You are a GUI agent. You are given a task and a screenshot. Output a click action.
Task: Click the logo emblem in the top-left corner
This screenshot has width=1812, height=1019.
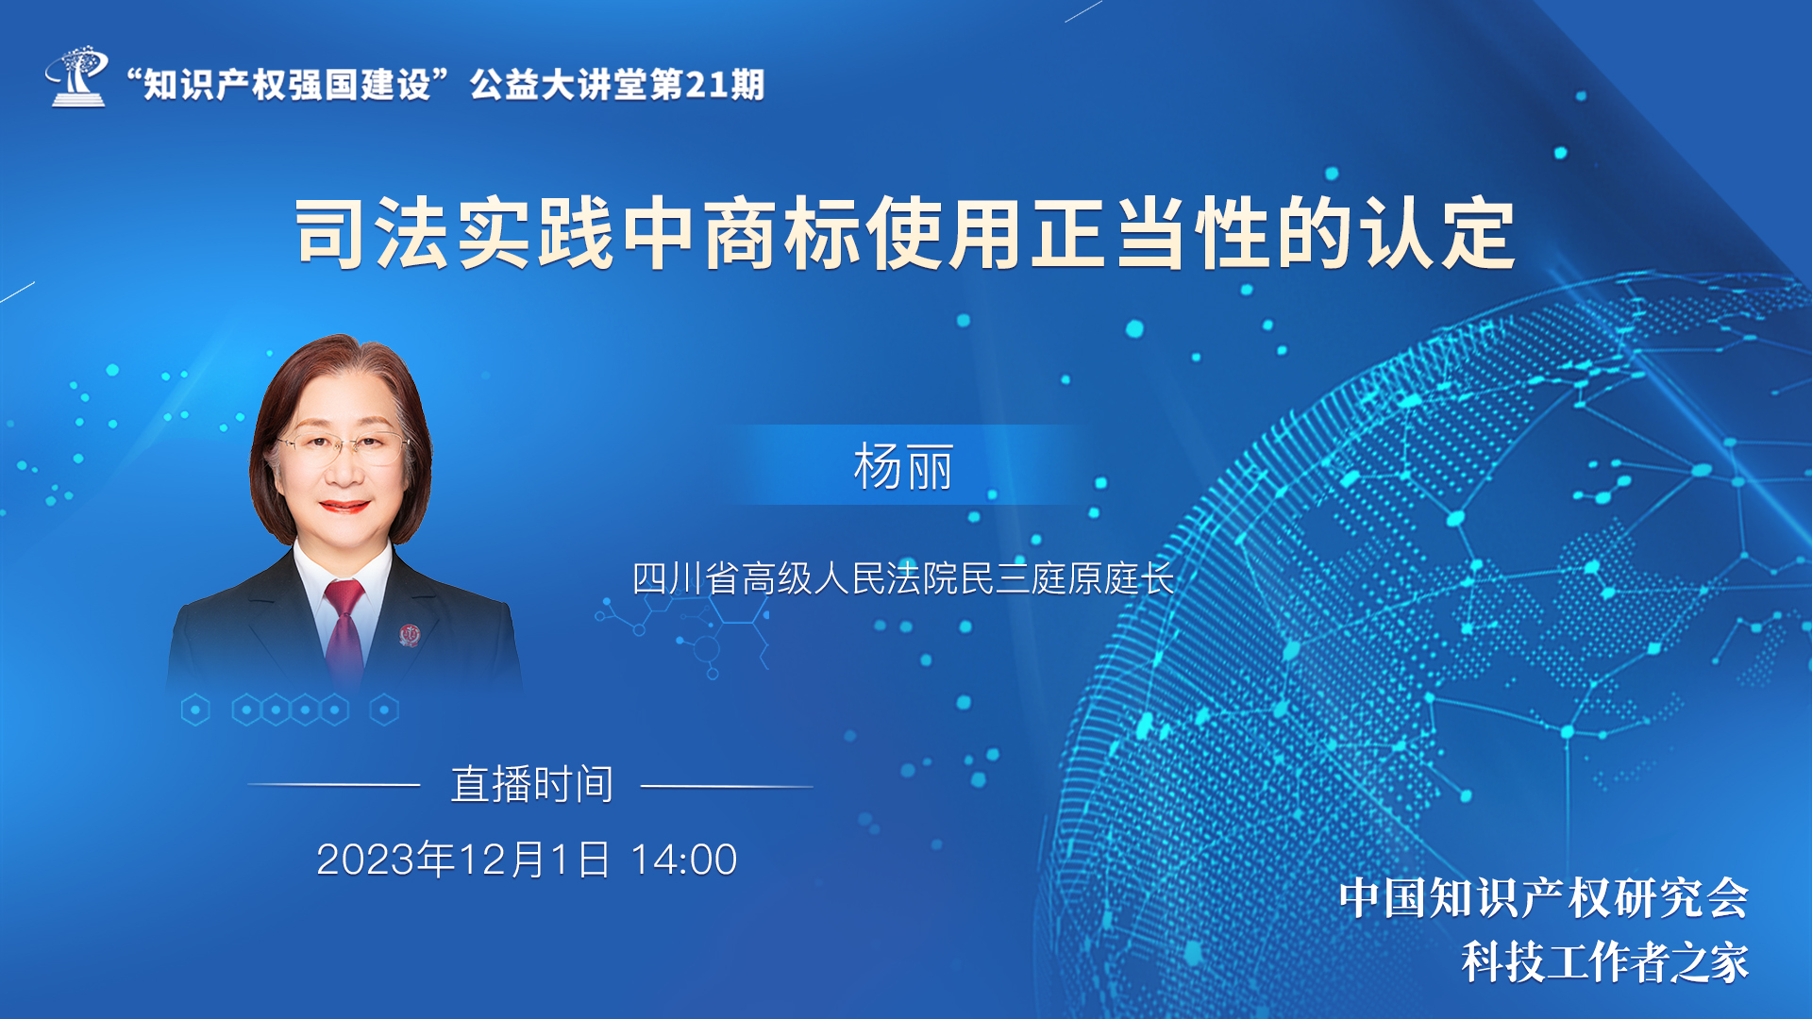coord(75,75)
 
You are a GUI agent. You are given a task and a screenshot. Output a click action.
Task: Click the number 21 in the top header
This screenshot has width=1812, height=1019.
coord(706,85)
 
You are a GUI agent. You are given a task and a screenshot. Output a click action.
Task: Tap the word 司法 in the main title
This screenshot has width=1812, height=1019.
coord(373,233)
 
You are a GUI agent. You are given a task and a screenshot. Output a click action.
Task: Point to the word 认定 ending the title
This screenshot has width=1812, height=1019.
coord(1437,233)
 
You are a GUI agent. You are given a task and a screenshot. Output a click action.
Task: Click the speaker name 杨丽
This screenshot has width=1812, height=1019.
coord(903,467)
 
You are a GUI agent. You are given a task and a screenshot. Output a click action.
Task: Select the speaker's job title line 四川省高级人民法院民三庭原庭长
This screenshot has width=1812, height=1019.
coord(903,578)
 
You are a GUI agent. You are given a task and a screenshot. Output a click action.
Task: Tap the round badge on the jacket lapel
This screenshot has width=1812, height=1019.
coord(409,635)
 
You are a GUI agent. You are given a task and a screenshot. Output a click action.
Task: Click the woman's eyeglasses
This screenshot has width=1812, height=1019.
coord(342,445)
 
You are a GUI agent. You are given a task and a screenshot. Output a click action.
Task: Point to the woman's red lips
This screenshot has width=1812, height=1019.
coord(344,506)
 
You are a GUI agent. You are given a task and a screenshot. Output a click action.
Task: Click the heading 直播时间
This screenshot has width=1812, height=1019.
coord(532,784)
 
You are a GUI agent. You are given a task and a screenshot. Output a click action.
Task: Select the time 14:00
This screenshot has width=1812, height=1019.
coord(683,860)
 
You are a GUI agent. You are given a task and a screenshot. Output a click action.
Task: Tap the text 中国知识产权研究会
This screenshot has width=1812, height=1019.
coord(1544,897)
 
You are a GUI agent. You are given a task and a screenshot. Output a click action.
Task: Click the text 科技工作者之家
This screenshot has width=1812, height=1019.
coord(1605,962)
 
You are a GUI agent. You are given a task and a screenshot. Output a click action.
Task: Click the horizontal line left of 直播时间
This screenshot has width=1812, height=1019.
coord(334,784)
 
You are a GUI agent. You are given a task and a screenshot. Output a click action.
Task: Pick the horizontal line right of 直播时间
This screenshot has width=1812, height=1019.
coord(727,785)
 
